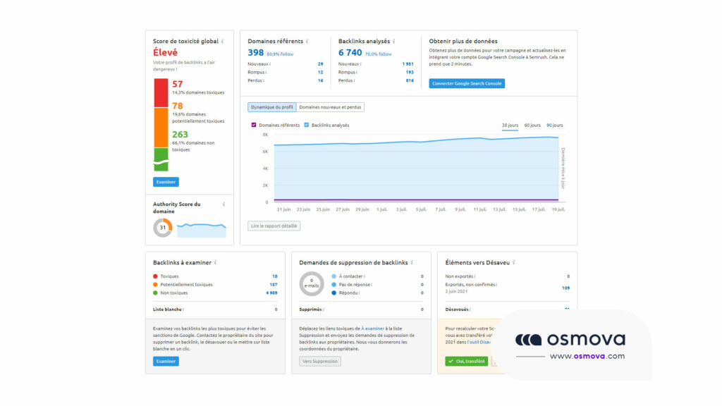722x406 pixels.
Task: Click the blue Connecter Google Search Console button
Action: pos(467,83)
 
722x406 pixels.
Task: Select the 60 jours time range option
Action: pos(532,125)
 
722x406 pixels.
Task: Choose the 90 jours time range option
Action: pos(554,125)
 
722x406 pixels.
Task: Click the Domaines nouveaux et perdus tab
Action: pos(330,107)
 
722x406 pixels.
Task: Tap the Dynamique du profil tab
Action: pos(271,107)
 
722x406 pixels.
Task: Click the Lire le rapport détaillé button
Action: pos(274,226)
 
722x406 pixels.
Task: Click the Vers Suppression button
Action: pos(320,361)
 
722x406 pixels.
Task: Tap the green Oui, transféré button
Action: pos(466,361)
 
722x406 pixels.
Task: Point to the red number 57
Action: pos(178,84)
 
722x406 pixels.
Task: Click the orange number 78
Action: pos(178,106)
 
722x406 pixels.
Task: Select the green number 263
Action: pos(180,135)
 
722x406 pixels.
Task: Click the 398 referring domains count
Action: pos(255,53)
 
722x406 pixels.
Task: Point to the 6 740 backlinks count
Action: pos(350,53)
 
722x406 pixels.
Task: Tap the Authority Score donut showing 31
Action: pos(162,228)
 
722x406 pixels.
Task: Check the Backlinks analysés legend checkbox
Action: pos(307,125)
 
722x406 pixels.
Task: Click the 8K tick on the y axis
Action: pos(265,134)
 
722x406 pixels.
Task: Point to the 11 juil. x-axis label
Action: pos(480,209)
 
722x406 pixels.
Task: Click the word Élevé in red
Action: pos(165,52)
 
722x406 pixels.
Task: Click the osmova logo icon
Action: pos(528,340)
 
